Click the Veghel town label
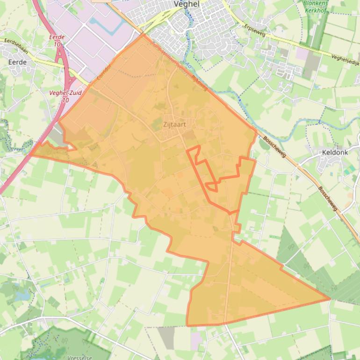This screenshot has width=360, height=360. (186, 4)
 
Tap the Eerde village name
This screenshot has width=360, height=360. (17, 62)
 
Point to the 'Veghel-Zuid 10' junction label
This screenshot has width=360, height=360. (65, 96)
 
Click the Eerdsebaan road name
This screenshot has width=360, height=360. (16, 45)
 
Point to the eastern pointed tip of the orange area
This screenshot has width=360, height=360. (330, 299)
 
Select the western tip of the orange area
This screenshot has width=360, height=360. (31, 155)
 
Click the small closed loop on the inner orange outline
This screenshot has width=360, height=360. (211, 187)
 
